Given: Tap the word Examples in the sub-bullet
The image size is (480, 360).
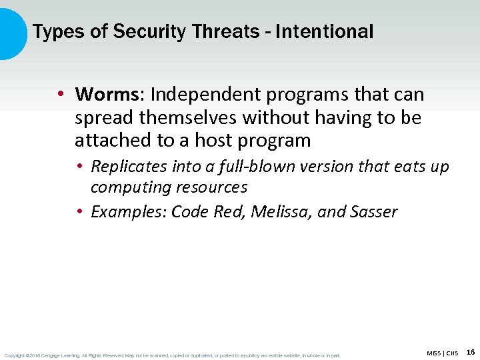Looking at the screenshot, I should coord(126,212).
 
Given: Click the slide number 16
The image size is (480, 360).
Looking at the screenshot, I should coord(471,352).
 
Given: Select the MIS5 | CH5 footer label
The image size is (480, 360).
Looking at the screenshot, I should coord(442,353).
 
